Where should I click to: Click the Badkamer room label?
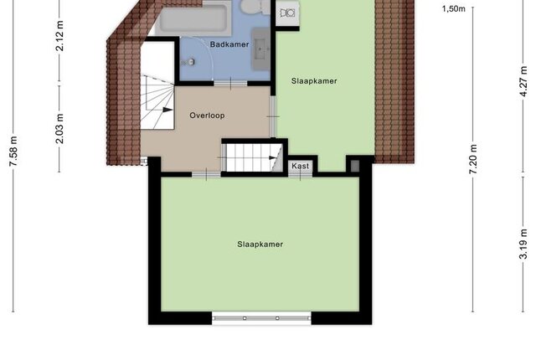click(229, 44)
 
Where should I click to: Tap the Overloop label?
click(207, 116)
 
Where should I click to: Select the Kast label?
click(301, 166)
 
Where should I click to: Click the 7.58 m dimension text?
click(13, 152)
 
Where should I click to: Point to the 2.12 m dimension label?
click(59, 36)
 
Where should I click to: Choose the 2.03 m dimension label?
click(59, 128)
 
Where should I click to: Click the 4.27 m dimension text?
click(523, 82)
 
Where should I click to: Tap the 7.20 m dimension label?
click(473, 159)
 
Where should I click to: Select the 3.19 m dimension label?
click(523, 244)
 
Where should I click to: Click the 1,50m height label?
click(454, 9)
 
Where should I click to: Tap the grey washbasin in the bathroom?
click(260, 49)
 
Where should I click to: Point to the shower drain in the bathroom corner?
click(191, 62)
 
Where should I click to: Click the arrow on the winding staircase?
click(167, 110)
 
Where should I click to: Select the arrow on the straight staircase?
click(273, 157)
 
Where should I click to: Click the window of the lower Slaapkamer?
click(261, 318)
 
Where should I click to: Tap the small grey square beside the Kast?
click(355, 167)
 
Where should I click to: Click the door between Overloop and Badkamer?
click(231, 84)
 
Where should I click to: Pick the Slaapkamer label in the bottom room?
click(260, 244)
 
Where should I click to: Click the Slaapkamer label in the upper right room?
click(314, 81)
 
